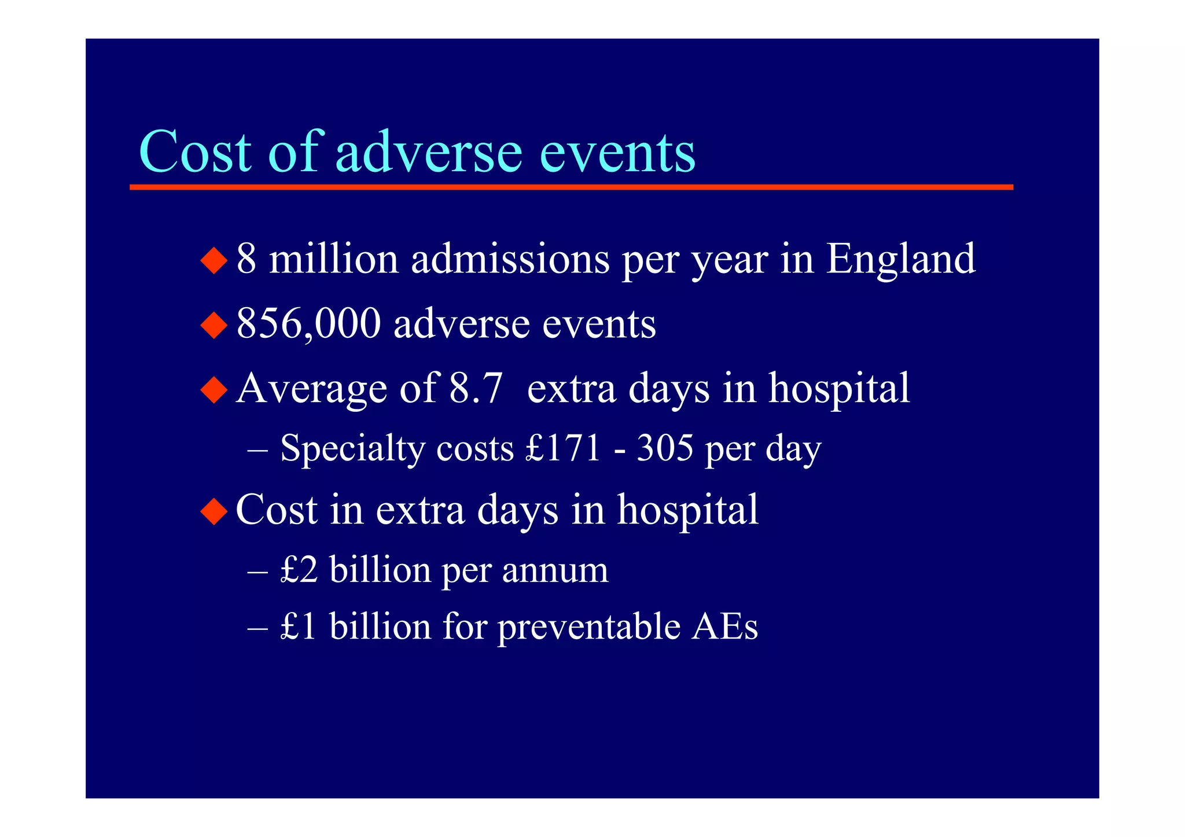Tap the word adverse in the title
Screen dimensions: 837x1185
coord(428,152)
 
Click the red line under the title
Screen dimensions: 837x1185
coord(571,187)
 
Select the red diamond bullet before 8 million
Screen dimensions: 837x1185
coord(214,260)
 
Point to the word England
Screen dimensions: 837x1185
coord(900,259)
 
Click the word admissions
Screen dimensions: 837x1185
coord(510,259)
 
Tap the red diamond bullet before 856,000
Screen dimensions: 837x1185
coord(214,325)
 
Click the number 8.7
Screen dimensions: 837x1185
coord(476,388)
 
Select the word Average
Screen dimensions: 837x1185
coord(312,389)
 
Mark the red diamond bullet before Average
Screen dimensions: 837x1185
coord(214,390)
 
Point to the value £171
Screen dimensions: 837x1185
coord(564,448)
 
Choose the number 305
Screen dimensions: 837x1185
coord(665,448)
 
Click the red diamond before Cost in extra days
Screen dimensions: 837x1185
coord(214,511)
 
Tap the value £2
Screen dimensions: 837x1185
coord(299,570)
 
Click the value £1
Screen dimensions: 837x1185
coord(299,626)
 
